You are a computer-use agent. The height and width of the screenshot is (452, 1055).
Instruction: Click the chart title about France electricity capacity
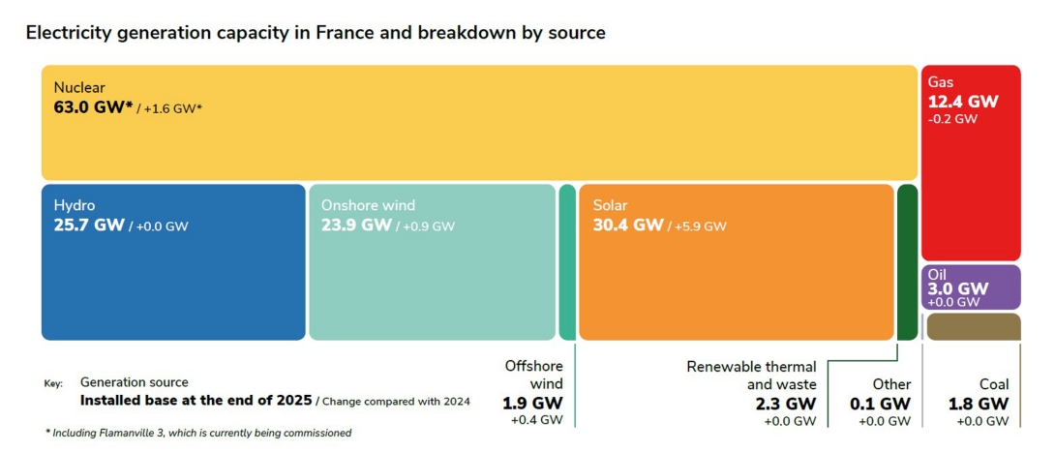click(x=315, y=33)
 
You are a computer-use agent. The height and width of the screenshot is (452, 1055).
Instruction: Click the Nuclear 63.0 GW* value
click(x=91, y=106)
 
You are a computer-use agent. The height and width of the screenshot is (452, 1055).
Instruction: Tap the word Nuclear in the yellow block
click(x=79, y=87)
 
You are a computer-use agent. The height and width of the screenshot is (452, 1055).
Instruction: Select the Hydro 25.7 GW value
click(x=88, y=226)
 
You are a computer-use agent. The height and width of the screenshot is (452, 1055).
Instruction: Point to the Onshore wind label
click(x=368, y=205)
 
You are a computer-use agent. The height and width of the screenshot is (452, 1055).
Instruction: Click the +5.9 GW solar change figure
click(x=701, y=226)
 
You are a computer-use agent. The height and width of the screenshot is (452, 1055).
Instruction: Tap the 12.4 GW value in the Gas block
click(x=962, y=102)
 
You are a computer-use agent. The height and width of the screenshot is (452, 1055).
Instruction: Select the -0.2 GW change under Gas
click(x=952, y=119)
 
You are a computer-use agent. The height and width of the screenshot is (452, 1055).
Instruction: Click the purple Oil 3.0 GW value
click(x=958, y=288)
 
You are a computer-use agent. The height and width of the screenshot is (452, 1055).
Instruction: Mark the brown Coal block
click(x=973, y=327)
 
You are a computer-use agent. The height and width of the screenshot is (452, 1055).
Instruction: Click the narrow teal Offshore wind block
click(x=567, y=261)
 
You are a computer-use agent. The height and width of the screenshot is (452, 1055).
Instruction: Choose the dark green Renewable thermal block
click(x=907, y=261)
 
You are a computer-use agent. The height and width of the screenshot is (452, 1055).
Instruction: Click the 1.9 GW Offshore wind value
click(x=531, y=403)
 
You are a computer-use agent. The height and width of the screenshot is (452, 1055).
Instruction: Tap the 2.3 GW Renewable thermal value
click(x=787, y=403)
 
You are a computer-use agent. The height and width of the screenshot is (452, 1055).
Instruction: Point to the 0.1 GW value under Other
click(x=880, y=403)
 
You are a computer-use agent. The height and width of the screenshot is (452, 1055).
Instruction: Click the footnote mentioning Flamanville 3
click(x=198, y=433)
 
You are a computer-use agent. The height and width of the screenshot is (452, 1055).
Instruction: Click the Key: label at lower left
click(x=53, y=384)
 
